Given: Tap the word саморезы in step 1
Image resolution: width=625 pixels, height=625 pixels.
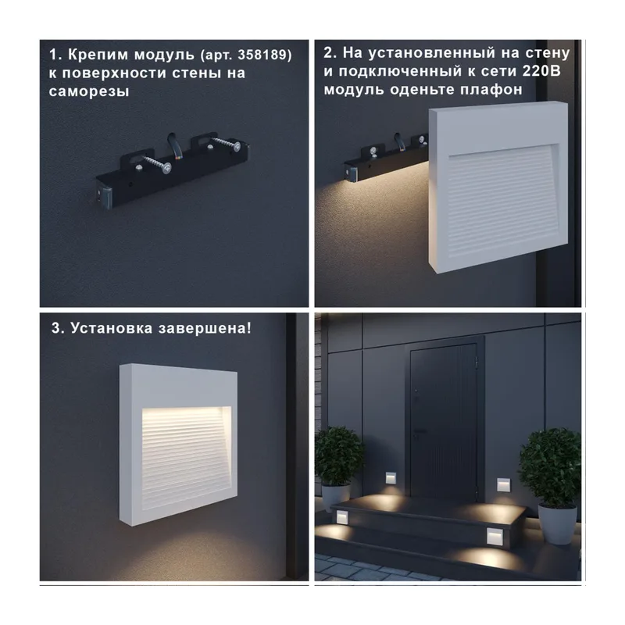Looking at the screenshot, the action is (x=89, y=91).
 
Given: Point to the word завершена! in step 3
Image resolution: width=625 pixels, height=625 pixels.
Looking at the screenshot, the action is (x=205, y=328).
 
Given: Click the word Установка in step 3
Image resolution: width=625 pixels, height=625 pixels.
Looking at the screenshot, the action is (x=112, y=328).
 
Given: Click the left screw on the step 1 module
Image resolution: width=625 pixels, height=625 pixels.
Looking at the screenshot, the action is (x=154, y=164).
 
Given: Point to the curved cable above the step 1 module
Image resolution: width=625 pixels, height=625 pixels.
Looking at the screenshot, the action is (x=174, y=144).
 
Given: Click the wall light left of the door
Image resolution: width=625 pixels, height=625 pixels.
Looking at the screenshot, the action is (x=391, y=477).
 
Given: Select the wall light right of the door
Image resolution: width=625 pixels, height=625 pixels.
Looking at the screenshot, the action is (x=503, y=484).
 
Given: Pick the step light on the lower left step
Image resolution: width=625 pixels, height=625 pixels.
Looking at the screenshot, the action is (x=342, y=517).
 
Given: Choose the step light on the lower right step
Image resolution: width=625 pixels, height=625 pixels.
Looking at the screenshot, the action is (x=495, y=536).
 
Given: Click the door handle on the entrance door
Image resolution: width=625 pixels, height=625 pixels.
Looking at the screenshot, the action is (x=420, y=431).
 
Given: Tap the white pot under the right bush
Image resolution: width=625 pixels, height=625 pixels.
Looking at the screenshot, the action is (x=557, y=523).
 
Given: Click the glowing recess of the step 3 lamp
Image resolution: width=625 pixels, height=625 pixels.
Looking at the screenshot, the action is (x=186, y=457).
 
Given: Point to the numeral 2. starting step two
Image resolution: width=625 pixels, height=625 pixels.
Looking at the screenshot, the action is (x=330, y=53).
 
